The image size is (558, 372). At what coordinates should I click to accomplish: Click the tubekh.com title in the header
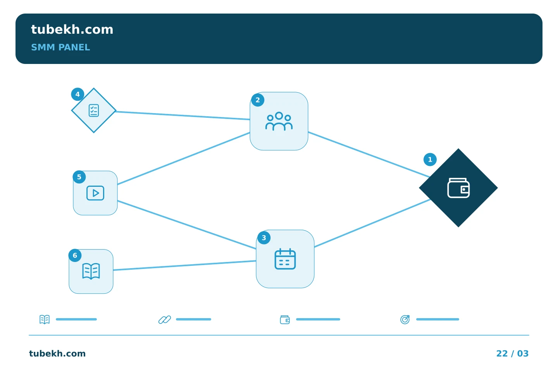(72, 29)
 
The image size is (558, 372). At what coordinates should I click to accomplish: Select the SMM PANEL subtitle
(60, 47)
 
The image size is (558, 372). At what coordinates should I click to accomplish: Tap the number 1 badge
(430, 160)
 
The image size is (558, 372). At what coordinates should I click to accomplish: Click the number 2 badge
(258, 100)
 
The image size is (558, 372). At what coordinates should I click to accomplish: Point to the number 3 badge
(264, 238)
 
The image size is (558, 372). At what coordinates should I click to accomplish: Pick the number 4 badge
(77, 94)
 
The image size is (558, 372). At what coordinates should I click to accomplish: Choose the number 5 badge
(79, 177)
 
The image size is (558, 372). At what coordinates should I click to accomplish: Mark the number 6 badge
(75, 255)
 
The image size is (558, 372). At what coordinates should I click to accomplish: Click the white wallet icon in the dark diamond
(458, 188)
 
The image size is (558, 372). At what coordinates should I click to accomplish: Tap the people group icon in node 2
(279, 121)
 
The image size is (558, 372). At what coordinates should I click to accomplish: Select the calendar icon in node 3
(285, 259)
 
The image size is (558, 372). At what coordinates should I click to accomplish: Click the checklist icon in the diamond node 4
(94, 110)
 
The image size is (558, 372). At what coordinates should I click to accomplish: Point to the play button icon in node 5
(95, 193)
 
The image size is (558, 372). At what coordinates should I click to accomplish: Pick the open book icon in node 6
(91, 271)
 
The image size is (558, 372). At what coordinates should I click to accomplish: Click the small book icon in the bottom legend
(45, 319)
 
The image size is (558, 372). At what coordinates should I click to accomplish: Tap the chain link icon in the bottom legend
(165, 320)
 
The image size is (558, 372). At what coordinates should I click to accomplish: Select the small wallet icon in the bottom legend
(285, 320)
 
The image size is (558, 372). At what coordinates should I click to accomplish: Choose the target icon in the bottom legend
(405, 319)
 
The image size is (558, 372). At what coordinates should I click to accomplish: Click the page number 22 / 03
(512, 353)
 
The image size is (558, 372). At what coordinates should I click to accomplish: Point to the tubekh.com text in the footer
(57, 353)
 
